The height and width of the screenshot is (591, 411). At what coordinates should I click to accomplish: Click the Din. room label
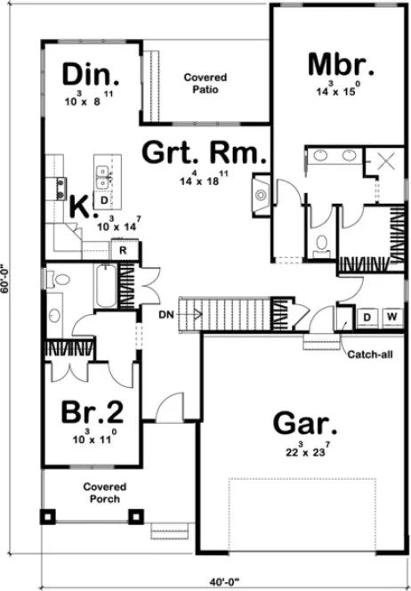(90, 72)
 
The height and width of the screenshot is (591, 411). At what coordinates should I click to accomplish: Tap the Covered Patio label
(205, 84)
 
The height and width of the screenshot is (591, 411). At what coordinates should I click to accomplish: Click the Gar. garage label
(302, 422)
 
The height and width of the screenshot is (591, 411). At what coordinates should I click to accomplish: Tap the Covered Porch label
(104, 492)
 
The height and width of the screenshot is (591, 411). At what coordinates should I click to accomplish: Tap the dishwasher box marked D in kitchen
(103, 201)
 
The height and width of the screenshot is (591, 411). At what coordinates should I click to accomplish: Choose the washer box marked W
(391, 317)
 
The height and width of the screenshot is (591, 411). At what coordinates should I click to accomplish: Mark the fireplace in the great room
(259, 193)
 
